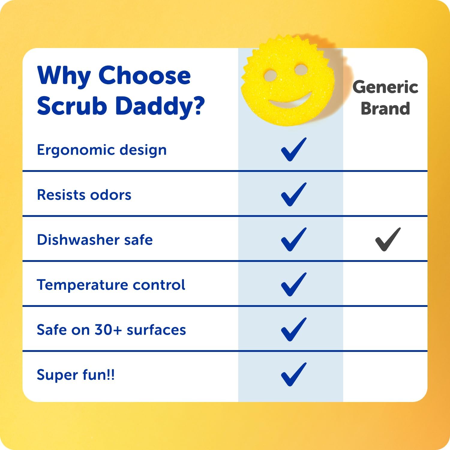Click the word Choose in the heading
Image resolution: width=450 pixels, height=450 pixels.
tap(144, 76)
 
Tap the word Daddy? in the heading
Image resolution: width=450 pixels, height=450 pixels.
tap(160, 106)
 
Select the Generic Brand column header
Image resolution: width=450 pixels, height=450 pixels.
tap(385, 97)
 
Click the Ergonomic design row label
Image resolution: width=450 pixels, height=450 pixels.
tap(102, 150)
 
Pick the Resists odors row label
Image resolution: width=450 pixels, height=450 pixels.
tap(84, 195)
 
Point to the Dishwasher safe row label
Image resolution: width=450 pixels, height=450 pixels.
tap(95, 240)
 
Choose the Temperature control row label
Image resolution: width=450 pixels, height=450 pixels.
tap(111, 285)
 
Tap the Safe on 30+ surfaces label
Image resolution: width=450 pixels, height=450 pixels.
tap(111, 330)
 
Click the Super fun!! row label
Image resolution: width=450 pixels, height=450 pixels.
tap(76, 375)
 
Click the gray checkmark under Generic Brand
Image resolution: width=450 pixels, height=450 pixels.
tap(388, 239)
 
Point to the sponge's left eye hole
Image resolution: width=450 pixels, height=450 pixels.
tap(271, 75)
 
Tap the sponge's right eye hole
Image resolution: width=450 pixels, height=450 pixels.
tap(301, 69)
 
